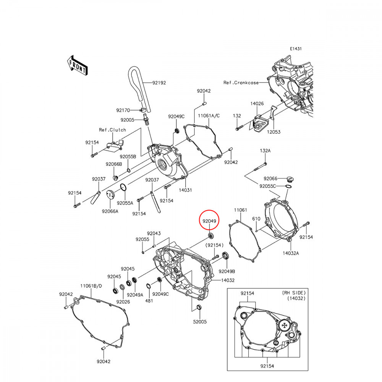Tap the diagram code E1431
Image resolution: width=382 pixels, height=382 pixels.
[x=296, y=49]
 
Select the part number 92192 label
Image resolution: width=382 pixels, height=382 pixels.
[x=159, y=83]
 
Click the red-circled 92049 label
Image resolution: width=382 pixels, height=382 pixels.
[x=209, y=221]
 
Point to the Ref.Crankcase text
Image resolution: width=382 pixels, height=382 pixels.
[x=241, y=83]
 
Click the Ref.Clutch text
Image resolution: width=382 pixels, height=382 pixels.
[x=112, y=130]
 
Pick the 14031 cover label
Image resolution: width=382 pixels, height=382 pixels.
[x=185, y=190]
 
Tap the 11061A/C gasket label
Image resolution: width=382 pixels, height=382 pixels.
[x=209, y=115]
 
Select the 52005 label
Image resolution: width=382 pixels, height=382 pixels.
[x=200, y=322]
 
